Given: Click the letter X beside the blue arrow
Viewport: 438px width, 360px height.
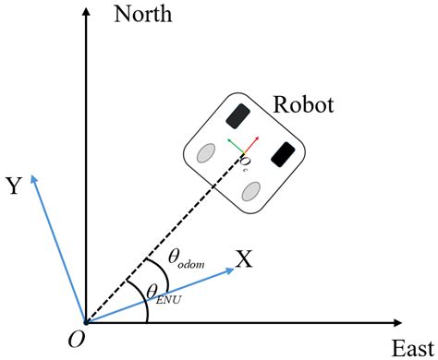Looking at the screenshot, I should coord(243,260).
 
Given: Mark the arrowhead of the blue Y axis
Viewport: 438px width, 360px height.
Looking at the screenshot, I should coord(36,177).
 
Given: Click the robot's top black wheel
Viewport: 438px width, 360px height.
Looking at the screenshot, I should coord(237,115).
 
